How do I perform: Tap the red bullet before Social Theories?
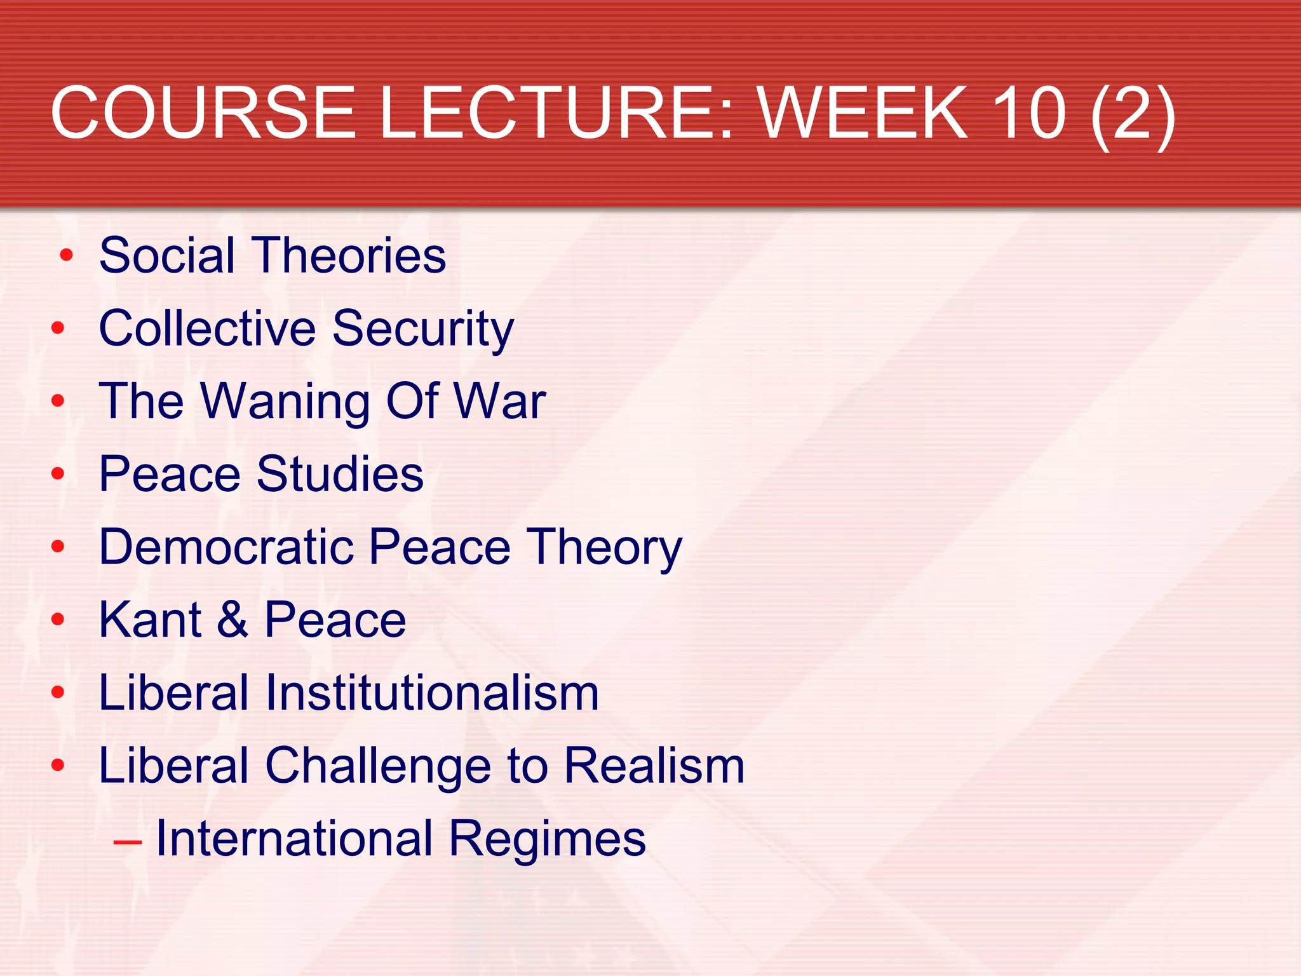coord(66,256)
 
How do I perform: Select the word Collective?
coord(207,329)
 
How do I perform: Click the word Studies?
coord(340,474)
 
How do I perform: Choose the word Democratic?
coord(226,547)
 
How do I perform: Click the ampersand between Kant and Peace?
coord(233,620)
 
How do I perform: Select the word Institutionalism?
coord(431,693)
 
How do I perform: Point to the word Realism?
coord(654,766)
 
